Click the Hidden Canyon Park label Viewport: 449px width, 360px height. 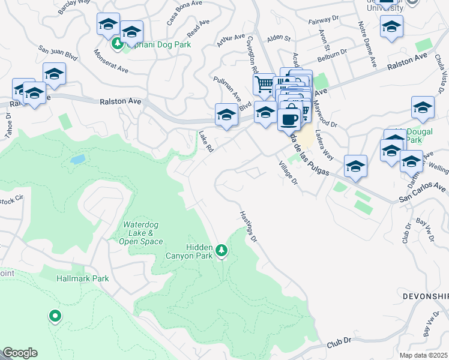[191, 251]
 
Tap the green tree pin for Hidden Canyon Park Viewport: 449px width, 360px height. [222, 250]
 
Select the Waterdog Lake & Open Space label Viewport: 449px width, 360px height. [143, 233]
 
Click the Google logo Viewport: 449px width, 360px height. [20, 353]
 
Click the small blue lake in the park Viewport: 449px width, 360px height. [77, 160]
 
